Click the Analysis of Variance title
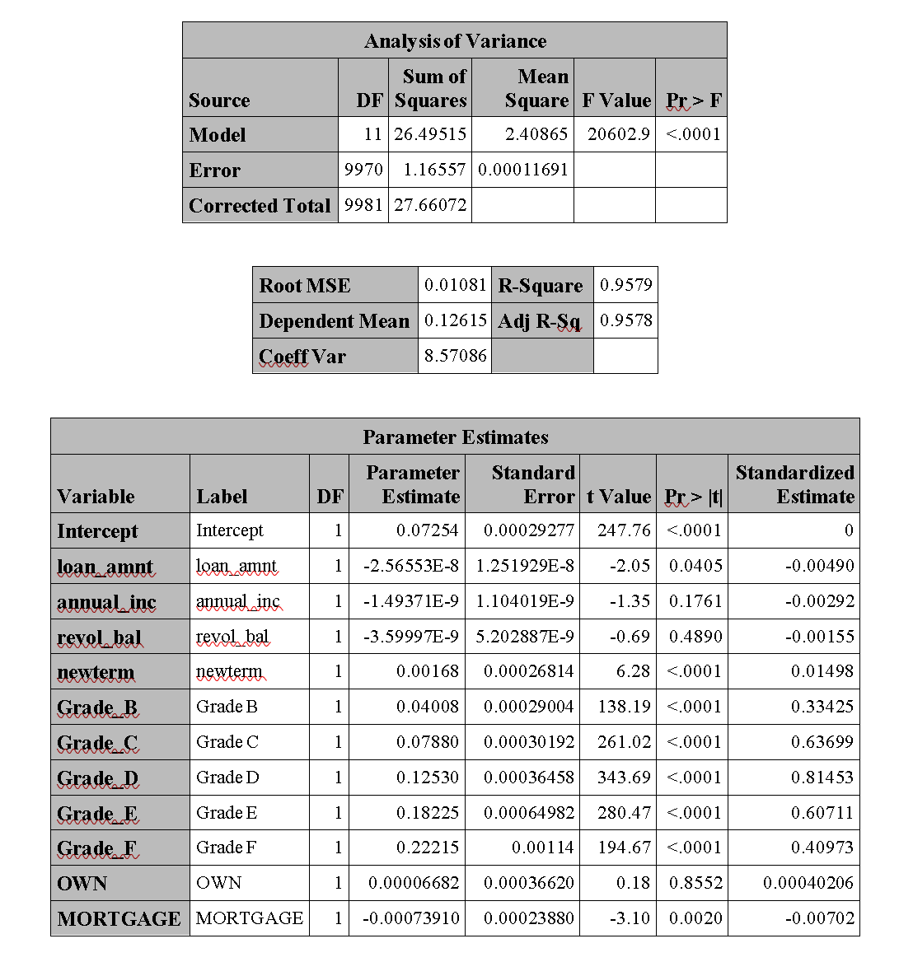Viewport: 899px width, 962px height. pyautogui.click(x=455, y=41)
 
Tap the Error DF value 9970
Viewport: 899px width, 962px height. pyautogui.click(x=363, y=170)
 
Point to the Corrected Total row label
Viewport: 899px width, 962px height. pyautogui.click(x=260, y=206)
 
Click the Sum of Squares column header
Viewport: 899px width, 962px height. pyautogui.click(x=431, y=88)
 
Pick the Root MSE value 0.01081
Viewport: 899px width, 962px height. pyautogui.click(x=455, y=285)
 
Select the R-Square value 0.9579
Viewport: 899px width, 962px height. pyautogui.click(x=625, y=285)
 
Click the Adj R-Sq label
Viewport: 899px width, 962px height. pyautogui.click(x=539, y=321)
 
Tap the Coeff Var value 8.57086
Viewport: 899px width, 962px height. pyautogui.click(x=455, y=356)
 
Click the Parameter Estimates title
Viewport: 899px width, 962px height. pyautogui.click(x=455, y=437)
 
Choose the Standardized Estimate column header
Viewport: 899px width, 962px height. pyautogui.click(x=794, y=484)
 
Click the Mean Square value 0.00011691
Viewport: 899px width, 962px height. pyautogui.click(x=523, y=170)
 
